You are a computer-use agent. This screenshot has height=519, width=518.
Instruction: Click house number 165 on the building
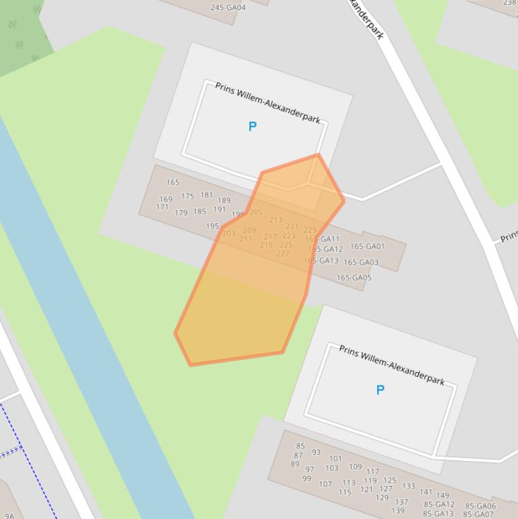[x=173, y=182]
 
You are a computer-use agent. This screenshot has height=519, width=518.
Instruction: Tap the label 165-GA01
[x=367, y=247]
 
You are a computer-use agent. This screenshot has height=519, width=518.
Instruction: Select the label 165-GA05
[x=354, y=278]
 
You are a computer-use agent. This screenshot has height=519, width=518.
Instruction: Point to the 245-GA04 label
[x=228, y=8]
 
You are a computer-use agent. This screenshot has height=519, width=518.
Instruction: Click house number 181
[x=207, y=195]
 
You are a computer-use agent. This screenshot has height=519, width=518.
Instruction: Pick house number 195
[x=212, y=226]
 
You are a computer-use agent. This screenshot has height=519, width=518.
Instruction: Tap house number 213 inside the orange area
[x=276, y=220]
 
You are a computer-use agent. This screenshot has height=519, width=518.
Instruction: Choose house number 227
[x=283, y=254]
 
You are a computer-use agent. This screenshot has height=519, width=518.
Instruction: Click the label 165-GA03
[x=361, y=262]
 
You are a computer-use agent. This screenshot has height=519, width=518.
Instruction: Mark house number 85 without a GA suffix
[x=300, y=446]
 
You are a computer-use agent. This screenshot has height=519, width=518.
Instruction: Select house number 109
[x=355, y=466]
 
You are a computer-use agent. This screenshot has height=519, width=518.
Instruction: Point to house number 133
[x=409, y=486]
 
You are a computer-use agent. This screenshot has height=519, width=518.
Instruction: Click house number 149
[x=443, y=496]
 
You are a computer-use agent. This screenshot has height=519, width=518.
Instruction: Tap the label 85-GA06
[x=480, y=506]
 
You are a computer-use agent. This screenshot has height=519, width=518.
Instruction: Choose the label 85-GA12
[x=439, y=504]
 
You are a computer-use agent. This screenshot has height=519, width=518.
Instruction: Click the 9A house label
[x=9, y=516]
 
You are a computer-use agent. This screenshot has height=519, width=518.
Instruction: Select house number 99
[x=307, y=479]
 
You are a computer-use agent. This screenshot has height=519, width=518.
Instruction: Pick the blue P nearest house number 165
[x=253, y=127]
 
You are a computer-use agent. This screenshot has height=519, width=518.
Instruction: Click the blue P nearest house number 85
[x=380, y=390]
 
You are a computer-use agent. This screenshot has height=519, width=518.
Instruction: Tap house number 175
[x=187, y=197]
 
